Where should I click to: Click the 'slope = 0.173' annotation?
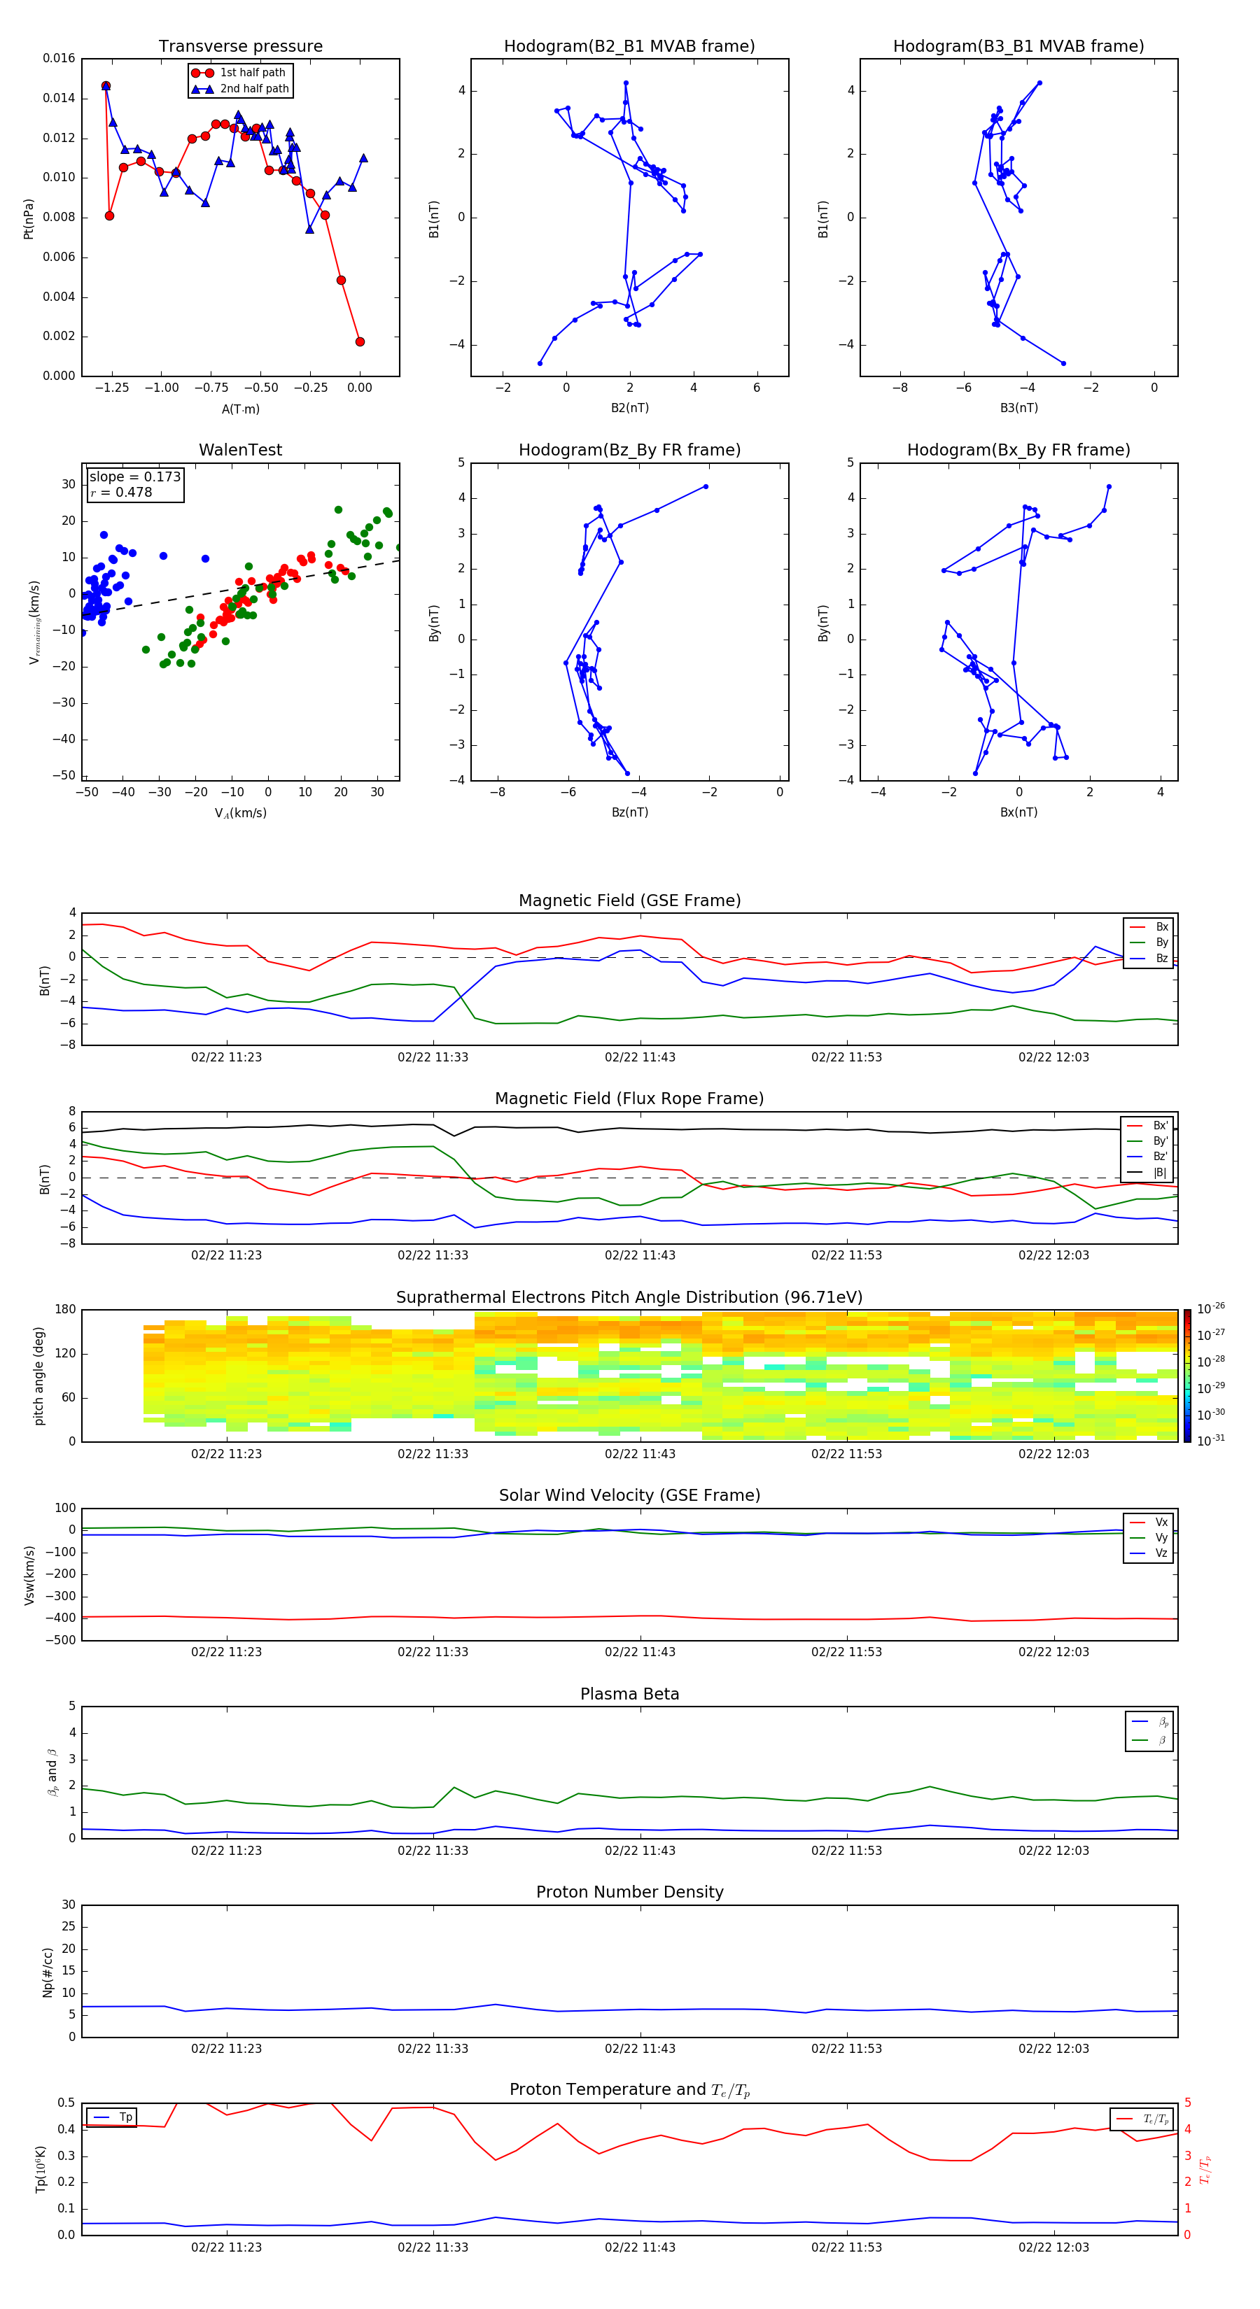pyautogui.click(x=134, y=477)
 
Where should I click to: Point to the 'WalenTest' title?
pyautogui.click(x=240, y=450)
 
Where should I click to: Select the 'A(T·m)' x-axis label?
pyautogui.click(x=240, y=409)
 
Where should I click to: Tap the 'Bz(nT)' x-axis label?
pyautogui.click(x=629, y=812)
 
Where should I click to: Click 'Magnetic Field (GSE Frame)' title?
pyautogui.click(x=629, y=901)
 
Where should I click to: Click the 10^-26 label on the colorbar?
pyautogui.click(x=1210, y=1308)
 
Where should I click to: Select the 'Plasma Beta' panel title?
pyautogui.click(x=629, y=1694)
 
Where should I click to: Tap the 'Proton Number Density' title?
pyautogui.click(x=629, y=1892)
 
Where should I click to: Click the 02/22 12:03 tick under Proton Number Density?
pyautogui.click(x=1053, y=2048)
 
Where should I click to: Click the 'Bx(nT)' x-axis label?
pyautogui.click(x=1018, y=812)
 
